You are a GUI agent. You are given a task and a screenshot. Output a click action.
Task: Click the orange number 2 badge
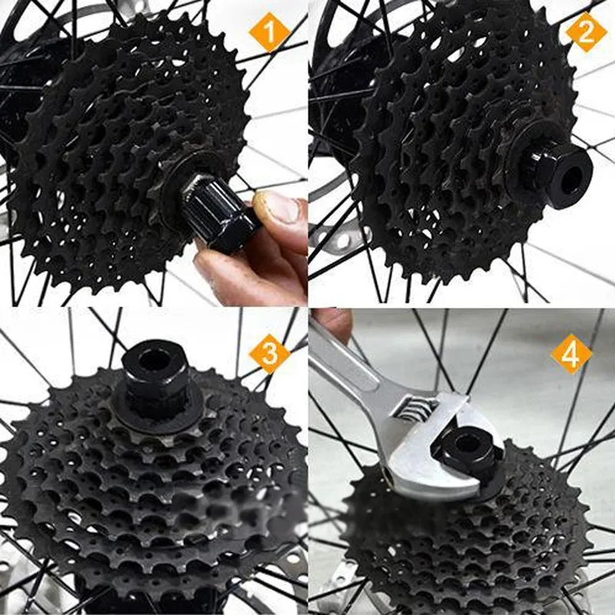point(587,33)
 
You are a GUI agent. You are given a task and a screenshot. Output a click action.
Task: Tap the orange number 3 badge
point(269,354)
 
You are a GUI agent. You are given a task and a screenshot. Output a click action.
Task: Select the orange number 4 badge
point(570,354)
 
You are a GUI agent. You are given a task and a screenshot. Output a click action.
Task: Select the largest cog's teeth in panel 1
point(46,231)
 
